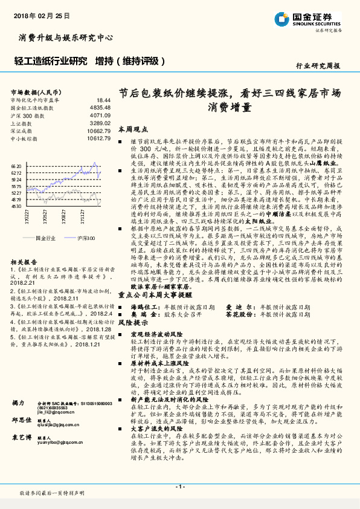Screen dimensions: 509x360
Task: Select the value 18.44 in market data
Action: [x=103, y=100]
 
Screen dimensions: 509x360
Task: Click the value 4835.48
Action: [x=100, y=107]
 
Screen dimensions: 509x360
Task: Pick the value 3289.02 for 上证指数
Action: [x=100, y=123]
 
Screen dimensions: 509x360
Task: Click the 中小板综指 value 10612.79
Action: [x=98, y=138]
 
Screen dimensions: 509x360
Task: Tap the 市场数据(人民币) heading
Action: [x=36, y=92]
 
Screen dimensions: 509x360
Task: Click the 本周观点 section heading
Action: [x=133, y=129]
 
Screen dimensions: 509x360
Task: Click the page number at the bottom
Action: [x=180, y=487]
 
